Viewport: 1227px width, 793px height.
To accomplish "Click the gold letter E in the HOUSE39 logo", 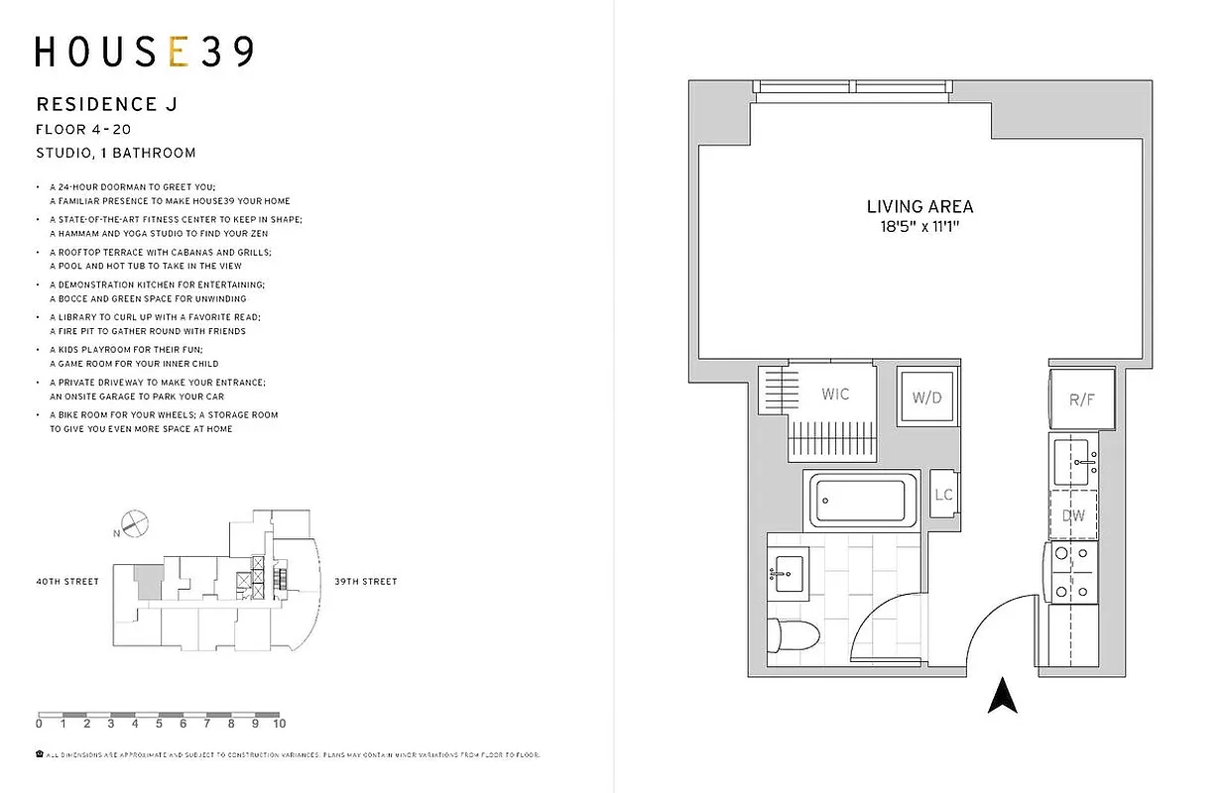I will [179, 52].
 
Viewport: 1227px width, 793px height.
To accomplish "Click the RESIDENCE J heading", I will [106, 104].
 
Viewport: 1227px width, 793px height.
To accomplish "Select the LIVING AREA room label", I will [920, 207].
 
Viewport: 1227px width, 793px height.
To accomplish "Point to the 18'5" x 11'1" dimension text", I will [920, 227].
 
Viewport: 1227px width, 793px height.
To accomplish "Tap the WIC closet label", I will [835, 395].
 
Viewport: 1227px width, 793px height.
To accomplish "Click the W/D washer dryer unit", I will [927, 397].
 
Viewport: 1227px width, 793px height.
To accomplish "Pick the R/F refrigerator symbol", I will [1080, 400].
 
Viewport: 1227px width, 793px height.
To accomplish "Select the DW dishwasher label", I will [1073, 515].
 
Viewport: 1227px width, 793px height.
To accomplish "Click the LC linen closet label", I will [943, 495].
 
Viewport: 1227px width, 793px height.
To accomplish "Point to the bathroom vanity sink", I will [789, 572].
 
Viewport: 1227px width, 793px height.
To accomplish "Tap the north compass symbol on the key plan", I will [133, 522].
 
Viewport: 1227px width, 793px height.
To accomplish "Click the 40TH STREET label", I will [67, 582].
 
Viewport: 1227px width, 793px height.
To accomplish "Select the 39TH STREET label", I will [365, 582].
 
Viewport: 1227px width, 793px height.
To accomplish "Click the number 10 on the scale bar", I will [279, 725].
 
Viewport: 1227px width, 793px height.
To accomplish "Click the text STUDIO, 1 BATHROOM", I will [115, 153].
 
